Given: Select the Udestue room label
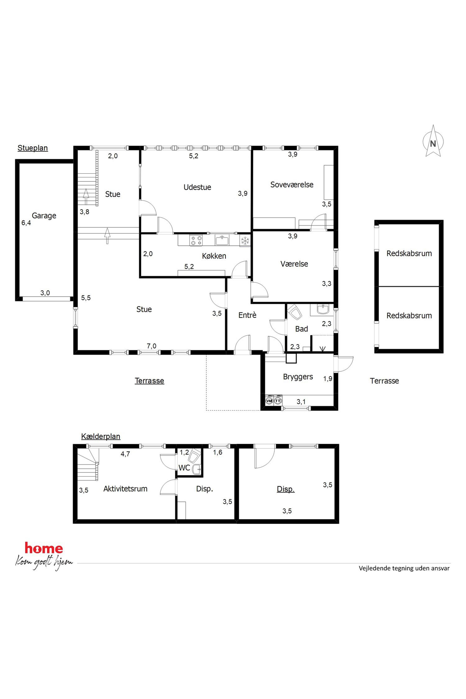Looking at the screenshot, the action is click(x=197, y=187).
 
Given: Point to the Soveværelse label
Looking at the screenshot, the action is click(x=292, y=185).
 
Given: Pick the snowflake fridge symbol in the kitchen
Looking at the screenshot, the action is click(x=245, y=241).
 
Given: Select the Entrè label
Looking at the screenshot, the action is click(x=247, y=315).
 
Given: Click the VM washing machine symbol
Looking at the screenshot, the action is click(x=269, y=401).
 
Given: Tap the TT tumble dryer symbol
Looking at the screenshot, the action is click(x=278, y=401).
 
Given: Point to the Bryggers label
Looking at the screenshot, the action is click(x=298, y=377).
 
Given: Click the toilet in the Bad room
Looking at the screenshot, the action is click(x=294, y=312).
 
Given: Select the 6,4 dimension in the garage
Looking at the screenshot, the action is click(x=26, y=223).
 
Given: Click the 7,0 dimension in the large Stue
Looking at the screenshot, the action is click(x=151, y=346).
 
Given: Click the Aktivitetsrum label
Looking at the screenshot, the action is click(x=125, y=489).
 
